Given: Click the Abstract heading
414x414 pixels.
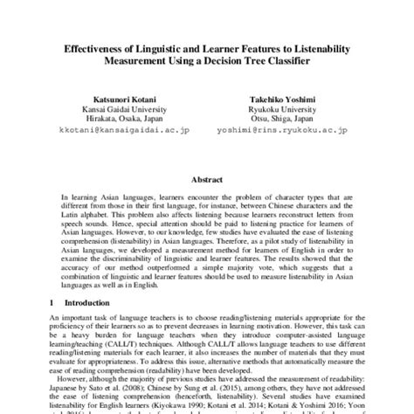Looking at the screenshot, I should [206, 179].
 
